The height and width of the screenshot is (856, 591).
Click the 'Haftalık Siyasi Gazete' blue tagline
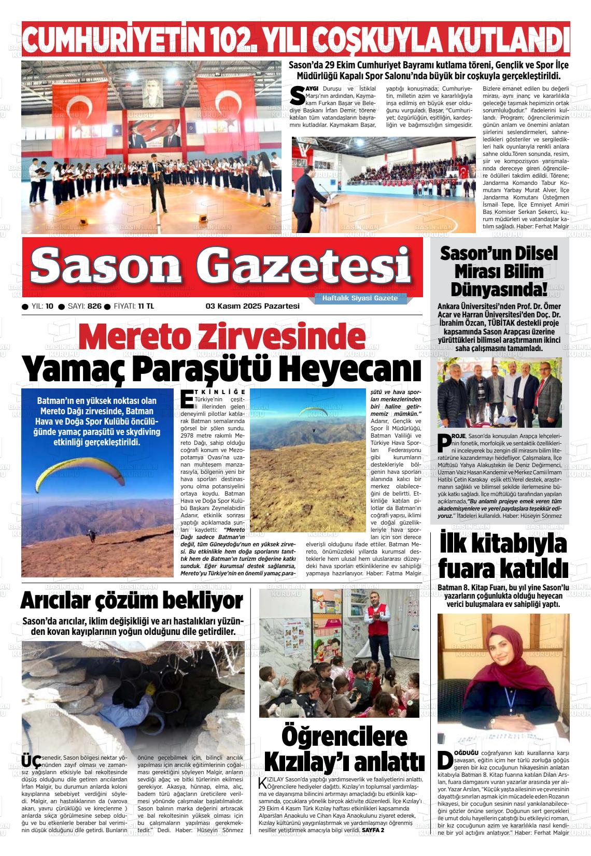tap(360, 299)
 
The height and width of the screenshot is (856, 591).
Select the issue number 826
tap(94, 306)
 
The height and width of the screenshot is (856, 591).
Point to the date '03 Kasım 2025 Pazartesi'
tap(252, 306)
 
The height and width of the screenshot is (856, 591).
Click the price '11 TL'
tap(146, 306)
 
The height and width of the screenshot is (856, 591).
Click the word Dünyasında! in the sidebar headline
tap(499, 288)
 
